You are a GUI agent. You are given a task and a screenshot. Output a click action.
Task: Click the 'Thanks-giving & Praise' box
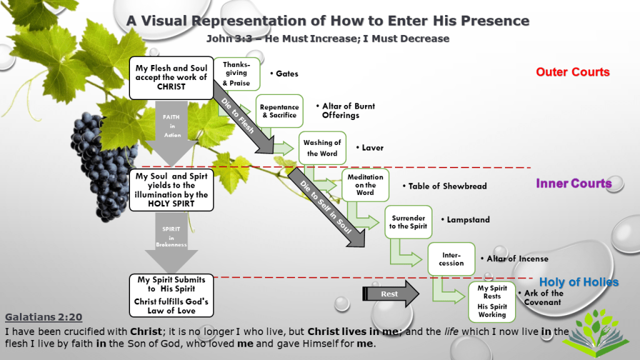pyautogui.click(x=236, y=74)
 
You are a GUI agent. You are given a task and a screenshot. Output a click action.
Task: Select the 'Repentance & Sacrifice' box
pyautogui.click(x=279, y=111)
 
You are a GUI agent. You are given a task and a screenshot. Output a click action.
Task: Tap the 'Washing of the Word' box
pyautogui.click(x=322, y=147)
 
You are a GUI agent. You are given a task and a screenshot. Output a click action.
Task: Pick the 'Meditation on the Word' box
pyautogui.click(x=366, y=184)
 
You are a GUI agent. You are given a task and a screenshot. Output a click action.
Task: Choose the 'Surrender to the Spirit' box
pyautogui.click(x=408, y=222)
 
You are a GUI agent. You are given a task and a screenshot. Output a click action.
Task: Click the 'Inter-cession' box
pyautogui.click(x=451, y=259)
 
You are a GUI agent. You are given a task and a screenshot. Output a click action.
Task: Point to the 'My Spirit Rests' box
pyautogui.click(x=492, y=301)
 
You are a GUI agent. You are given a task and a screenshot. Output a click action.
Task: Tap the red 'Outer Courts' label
pyautogui.click(x=572, y=72)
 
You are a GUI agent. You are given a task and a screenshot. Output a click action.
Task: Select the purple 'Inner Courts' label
pyautogui.click(x=573, y=183)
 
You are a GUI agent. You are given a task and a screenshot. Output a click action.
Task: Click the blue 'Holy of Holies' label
pyautogui.click(x=579, y=282)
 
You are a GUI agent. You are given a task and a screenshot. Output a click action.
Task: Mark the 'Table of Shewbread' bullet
pyautogui.click(x=447, y=186)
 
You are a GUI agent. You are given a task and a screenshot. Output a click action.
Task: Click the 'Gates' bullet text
pyautogui.click(x=287, y=74)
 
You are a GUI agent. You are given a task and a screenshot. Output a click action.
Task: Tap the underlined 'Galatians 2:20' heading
pyautogui.click(x=43, y=317)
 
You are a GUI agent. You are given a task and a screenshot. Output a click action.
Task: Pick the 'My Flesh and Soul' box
pyautogui.click(x=171, y=77)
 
